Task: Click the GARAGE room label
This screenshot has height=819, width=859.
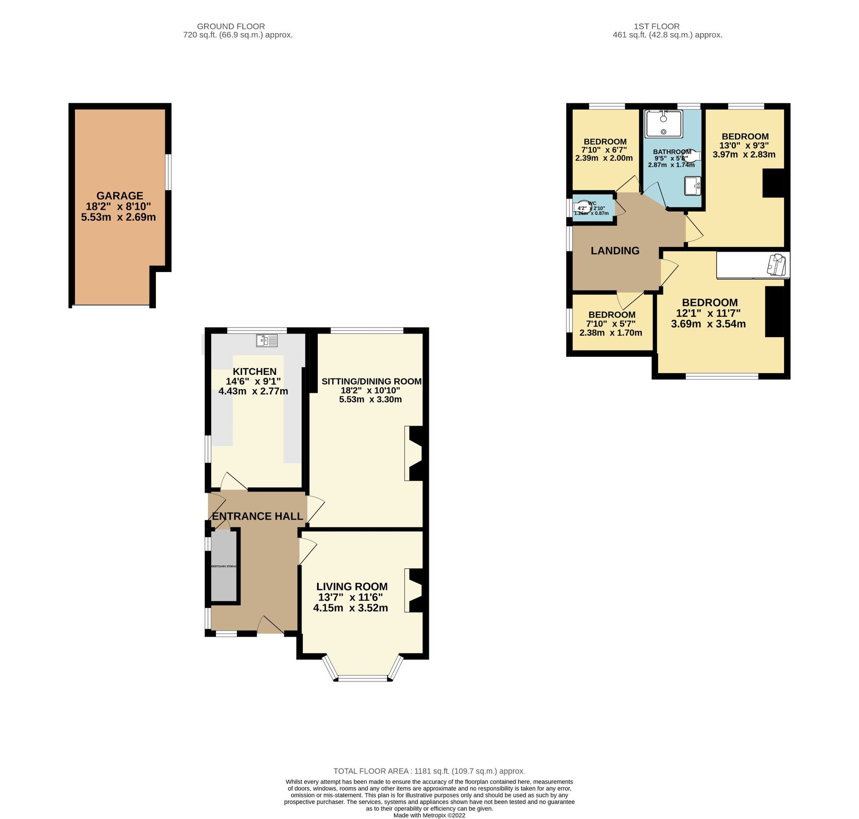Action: [x=120, y=196]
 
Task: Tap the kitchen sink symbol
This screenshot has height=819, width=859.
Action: [x=267, y=340]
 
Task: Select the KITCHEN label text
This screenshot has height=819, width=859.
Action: [x=254, y=371]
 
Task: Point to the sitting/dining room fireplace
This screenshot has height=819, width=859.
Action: [x=414, y=453]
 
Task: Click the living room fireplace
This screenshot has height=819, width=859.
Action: [x=414, y=590]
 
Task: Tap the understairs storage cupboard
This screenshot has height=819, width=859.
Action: [x=224, y=566]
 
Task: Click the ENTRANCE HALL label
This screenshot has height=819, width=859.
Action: [x=257, y=516]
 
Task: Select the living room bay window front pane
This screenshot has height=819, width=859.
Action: [x=362, y=678]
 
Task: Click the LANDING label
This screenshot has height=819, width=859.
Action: [x=615, y=251]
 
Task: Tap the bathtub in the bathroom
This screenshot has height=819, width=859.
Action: [x=663, y=123]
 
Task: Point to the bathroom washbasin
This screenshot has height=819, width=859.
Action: [x=693, y=186]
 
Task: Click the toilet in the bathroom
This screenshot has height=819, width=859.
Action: [x=692, y=156]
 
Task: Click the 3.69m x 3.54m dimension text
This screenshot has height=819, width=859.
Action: [x=708, y=324]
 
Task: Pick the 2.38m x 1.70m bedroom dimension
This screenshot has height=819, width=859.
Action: [x=610, y=333]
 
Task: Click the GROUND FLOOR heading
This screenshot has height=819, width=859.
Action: [x=231, y=26]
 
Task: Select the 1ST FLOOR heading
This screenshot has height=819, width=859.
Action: [x=656, y=26]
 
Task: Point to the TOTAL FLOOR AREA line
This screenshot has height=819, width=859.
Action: [x=429, y=771]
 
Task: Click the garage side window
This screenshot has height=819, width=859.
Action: [x=168, y=172]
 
